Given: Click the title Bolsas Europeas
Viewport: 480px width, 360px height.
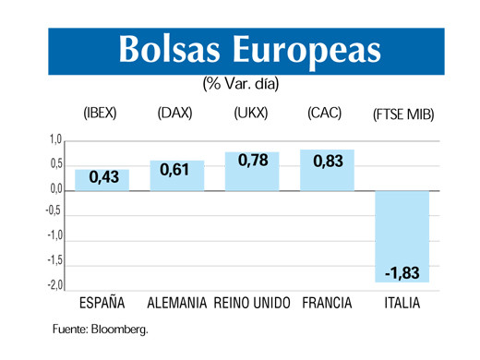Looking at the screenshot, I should click(x=249, y=51).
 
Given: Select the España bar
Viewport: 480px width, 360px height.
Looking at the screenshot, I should click(x=102, y=180).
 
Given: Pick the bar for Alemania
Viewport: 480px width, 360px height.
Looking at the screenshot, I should click(x=176, y=175).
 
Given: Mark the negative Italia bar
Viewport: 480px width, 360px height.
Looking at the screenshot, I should click(x=402, y=236).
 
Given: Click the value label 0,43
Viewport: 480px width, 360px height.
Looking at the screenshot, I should click(x=102, y=176).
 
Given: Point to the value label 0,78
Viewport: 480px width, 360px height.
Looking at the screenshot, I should click(x=252, y=162).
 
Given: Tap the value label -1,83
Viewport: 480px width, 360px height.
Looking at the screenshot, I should click(x=402, y=273).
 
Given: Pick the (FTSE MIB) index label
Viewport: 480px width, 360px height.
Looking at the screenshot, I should click(x=403, y=115).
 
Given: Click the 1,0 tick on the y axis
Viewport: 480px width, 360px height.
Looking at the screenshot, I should click(x=54, y=140).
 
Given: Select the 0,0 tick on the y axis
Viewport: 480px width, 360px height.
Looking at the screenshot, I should click(x=54, y=189).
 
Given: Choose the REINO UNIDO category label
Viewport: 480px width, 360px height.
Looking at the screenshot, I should click(x=252, y=304).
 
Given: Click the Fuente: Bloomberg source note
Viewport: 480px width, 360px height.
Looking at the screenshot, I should click(x=100, y=328).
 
